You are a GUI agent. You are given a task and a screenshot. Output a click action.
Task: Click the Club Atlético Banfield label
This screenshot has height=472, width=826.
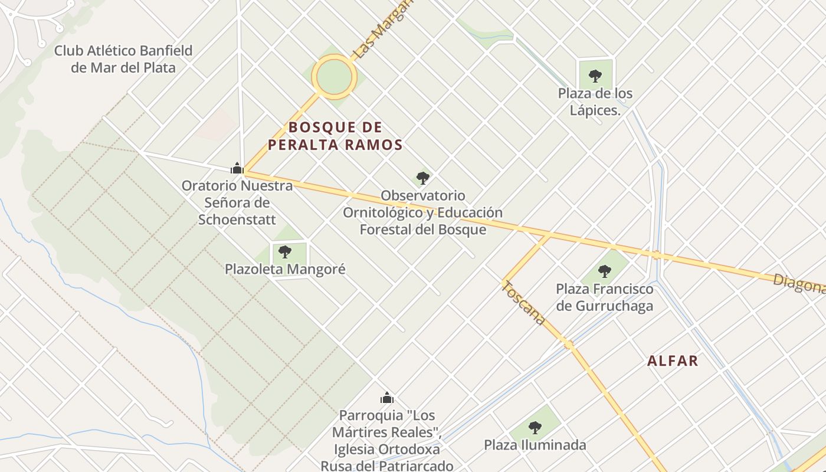tap(123, 59)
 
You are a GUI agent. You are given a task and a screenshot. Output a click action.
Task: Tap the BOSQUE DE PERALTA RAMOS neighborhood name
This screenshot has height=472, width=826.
tap(335, 136)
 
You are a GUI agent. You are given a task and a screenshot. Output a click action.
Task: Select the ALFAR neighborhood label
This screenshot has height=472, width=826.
tap(673, 361)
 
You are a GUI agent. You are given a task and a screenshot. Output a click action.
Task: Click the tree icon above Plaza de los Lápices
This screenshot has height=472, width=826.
tap(595, 76)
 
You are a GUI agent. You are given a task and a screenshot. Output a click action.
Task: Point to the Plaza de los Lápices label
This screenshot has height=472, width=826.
tap(595, 101)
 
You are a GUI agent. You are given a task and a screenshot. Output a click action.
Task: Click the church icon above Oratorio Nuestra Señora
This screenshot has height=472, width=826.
tap(237, 169)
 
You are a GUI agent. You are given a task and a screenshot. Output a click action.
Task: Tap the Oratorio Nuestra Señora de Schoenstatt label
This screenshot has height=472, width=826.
tap(237, 202)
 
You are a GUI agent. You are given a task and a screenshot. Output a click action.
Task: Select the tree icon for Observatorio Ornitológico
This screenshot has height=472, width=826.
tap(422, 178)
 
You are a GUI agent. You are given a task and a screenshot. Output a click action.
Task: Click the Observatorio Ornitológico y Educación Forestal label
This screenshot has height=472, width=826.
tap(423, 212)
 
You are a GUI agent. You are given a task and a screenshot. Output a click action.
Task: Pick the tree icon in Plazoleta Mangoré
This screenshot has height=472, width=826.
tap(285, 252)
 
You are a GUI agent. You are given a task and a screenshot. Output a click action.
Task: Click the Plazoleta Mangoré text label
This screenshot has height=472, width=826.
tap(285, 270)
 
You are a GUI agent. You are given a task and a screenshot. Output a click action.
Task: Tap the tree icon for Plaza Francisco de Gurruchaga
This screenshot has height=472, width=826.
tap(604, 271)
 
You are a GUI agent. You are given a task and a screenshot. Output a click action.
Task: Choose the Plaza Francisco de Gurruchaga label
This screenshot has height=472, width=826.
tap(605, 297)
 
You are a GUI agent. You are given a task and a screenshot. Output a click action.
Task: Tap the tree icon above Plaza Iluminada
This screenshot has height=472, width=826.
tap(535, 427)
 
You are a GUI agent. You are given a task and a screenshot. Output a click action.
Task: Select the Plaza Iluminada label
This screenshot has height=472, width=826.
tap(535, 445)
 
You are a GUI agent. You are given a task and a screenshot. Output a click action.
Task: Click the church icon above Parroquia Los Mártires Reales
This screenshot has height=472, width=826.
tap(387, 398)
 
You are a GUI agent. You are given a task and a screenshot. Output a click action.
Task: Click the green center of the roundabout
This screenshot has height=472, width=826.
tap(335, 77)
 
